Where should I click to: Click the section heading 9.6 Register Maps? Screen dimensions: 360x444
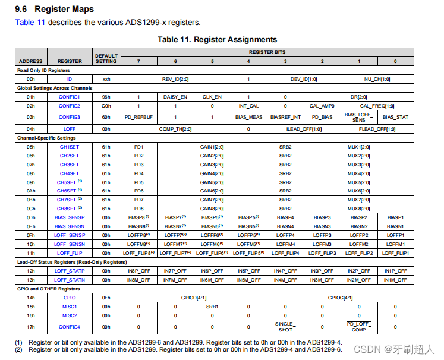[x=54, y=10]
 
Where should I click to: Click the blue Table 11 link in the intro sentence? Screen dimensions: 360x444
[x=30, y=22]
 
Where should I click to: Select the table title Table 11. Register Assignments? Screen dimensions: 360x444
[x=217, y=39]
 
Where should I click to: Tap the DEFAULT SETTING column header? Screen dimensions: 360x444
[x=106, y=58]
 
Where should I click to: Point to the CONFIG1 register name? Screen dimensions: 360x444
[x=70, y=96]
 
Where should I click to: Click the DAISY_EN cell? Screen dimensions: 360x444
[x=175, y=96]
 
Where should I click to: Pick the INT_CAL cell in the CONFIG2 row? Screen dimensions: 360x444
[x=248, y=106]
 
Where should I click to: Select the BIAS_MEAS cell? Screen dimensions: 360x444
[x=248, y=117]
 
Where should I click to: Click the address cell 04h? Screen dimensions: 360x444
[x=30, y=128]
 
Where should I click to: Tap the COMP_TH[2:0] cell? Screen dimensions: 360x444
[x=175, y=128]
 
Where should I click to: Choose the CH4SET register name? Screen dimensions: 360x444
[x=70, y=173]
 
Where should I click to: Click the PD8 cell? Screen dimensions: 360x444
[x=138, y=209]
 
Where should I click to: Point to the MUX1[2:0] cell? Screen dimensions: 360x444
[x=358, y=146]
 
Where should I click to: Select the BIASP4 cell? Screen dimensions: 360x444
[x=285, y=217]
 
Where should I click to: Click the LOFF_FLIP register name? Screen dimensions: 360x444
[x=70, y=252]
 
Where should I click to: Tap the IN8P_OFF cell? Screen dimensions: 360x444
[x=138, y=270]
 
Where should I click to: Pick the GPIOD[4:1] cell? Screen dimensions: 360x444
[x=194, y=298]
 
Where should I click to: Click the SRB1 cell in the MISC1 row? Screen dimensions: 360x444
[x=212, y=307]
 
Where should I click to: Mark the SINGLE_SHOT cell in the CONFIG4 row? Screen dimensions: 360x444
[x=285, y=327]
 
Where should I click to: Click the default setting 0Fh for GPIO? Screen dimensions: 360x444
[x=106, y=298]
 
